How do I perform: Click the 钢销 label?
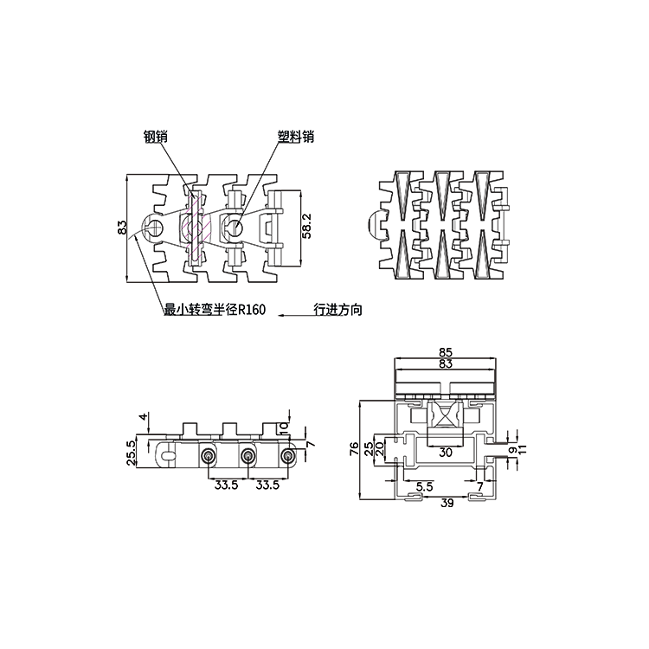pyautogui.click(x=156, y=136)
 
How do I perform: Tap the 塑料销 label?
pyautogui.click(x=295, y=136)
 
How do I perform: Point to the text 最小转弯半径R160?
pyautogui.click(x=214, y=310)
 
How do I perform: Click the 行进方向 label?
pyautogui.click(x=337, y=309)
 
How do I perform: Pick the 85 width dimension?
pyautogui.click(x=447, y=353)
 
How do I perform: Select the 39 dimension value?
pyautogui.click(x=447, y=502)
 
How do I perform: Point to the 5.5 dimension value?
pyautogui.click(x=424, y=487)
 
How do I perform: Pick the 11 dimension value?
pyautogui.click(x=521, y=451)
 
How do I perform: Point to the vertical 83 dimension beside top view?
pyautogui.click(x=123, y=227)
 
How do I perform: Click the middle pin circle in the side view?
pyautogui.click(x=247, y=456)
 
